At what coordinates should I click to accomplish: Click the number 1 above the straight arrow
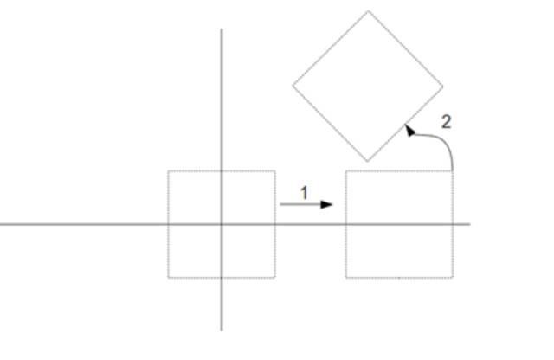304,193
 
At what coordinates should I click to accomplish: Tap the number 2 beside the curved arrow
446,122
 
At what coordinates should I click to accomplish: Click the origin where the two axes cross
222,224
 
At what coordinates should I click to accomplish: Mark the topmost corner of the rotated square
368,11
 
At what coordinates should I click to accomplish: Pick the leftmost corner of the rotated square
293,86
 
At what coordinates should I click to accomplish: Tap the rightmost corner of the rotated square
443,86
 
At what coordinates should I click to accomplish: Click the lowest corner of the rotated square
368,161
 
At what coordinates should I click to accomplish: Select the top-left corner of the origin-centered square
168,170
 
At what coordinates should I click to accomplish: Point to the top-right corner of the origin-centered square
275,170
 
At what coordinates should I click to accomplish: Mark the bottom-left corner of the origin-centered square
168,278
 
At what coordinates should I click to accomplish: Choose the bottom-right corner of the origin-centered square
275,278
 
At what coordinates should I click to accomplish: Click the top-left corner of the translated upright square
345,170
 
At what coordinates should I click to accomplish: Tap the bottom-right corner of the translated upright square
453,278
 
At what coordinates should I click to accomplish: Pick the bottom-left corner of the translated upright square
345,278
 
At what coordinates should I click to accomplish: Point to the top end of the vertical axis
222,29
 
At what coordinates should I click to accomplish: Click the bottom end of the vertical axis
222,330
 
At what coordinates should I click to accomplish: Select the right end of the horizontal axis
469,224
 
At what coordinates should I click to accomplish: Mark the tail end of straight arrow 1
280,205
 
